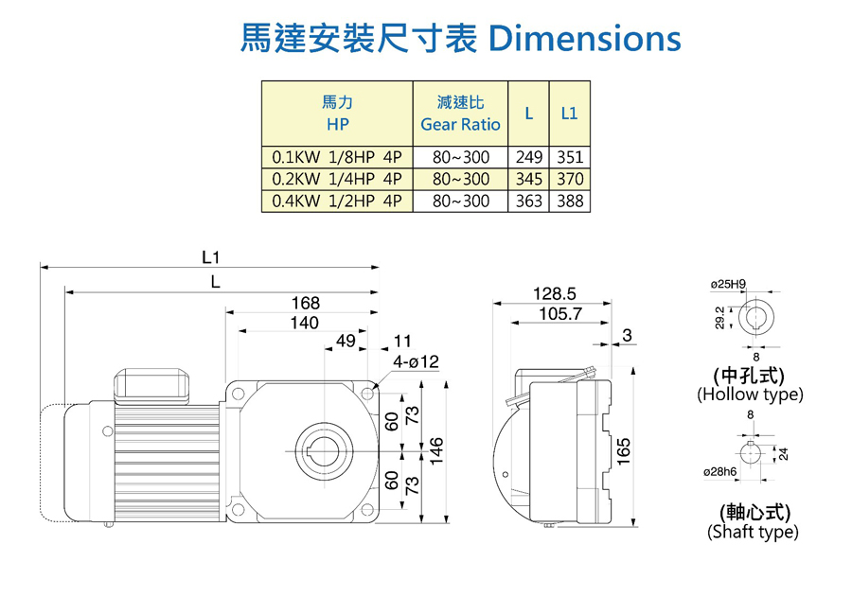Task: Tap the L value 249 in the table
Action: pyautogui.click(x=529, y=158)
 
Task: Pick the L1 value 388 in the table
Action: pyautogui.click(x=569, y=201)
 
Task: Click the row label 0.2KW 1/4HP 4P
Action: pyautogui.click(x=337, y=179)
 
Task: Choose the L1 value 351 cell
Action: pyautogui.click(x=569, y=158)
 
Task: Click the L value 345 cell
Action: pyautogui.click(x=529, y=179)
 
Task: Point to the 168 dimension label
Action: pyautogui.click(x=306, y=304)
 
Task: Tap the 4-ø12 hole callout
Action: pyautogui.click(x=417, y=362)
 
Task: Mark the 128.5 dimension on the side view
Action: pyautogui.click(x=555, y=294)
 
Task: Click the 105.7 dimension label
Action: pyautogui.click(x=560, y=314)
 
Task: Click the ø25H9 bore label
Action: pyautogui.click(x=728, y=284)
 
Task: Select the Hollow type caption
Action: pyautogui.click(x=750, y=394)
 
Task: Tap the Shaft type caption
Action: pyautogui.click(x=753, y=532)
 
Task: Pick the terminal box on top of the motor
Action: pyautogui.click(x=151, y=381)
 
